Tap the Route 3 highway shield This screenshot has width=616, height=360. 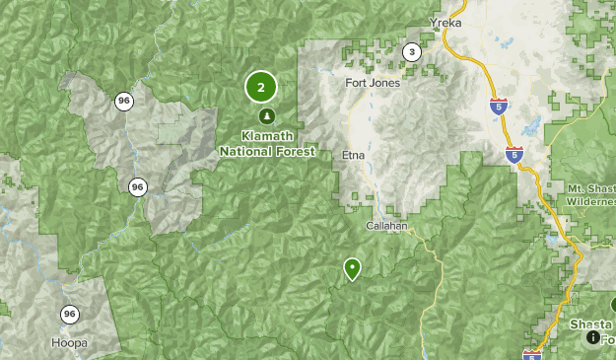(x=411, y=51)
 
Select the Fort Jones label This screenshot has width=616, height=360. (x=373, y=83)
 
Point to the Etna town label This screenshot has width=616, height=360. (x=352, y=155)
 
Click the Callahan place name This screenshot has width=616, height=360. (x=386, y=226)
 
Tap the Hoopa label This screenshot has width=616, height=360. (x=68, y=343)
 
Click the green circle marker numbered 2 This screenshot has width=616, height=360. (x=260, y=88)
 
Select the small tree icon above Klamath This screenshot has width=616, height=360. (x=265, y=117)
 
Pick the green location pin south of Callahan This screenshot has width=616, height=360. (x=352, y=268)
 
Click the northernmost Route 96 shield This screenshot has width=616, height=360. (x=123, y=101)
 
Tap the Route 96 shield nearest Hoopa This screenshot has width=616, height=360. (x=68, y=315)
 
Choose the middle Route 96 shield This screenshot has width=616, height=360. (x=137, y=186)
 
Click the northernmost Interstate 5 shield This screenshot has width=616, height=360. (x=499, y=107)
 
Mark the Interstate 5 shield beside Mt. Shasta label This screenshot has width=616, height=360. (x=514, y=154)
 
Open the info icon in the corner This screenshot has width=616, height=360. (x=593, y=337)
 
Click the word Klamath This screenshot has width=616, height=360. (x=267, y=136)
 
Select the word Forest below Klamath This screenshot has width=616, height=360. (x=297, y=152)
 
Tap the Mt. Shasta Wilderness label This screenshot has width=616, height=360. (x=591, y=193)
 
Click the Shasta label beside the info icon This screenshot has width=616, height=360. (x=589, y=324)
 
